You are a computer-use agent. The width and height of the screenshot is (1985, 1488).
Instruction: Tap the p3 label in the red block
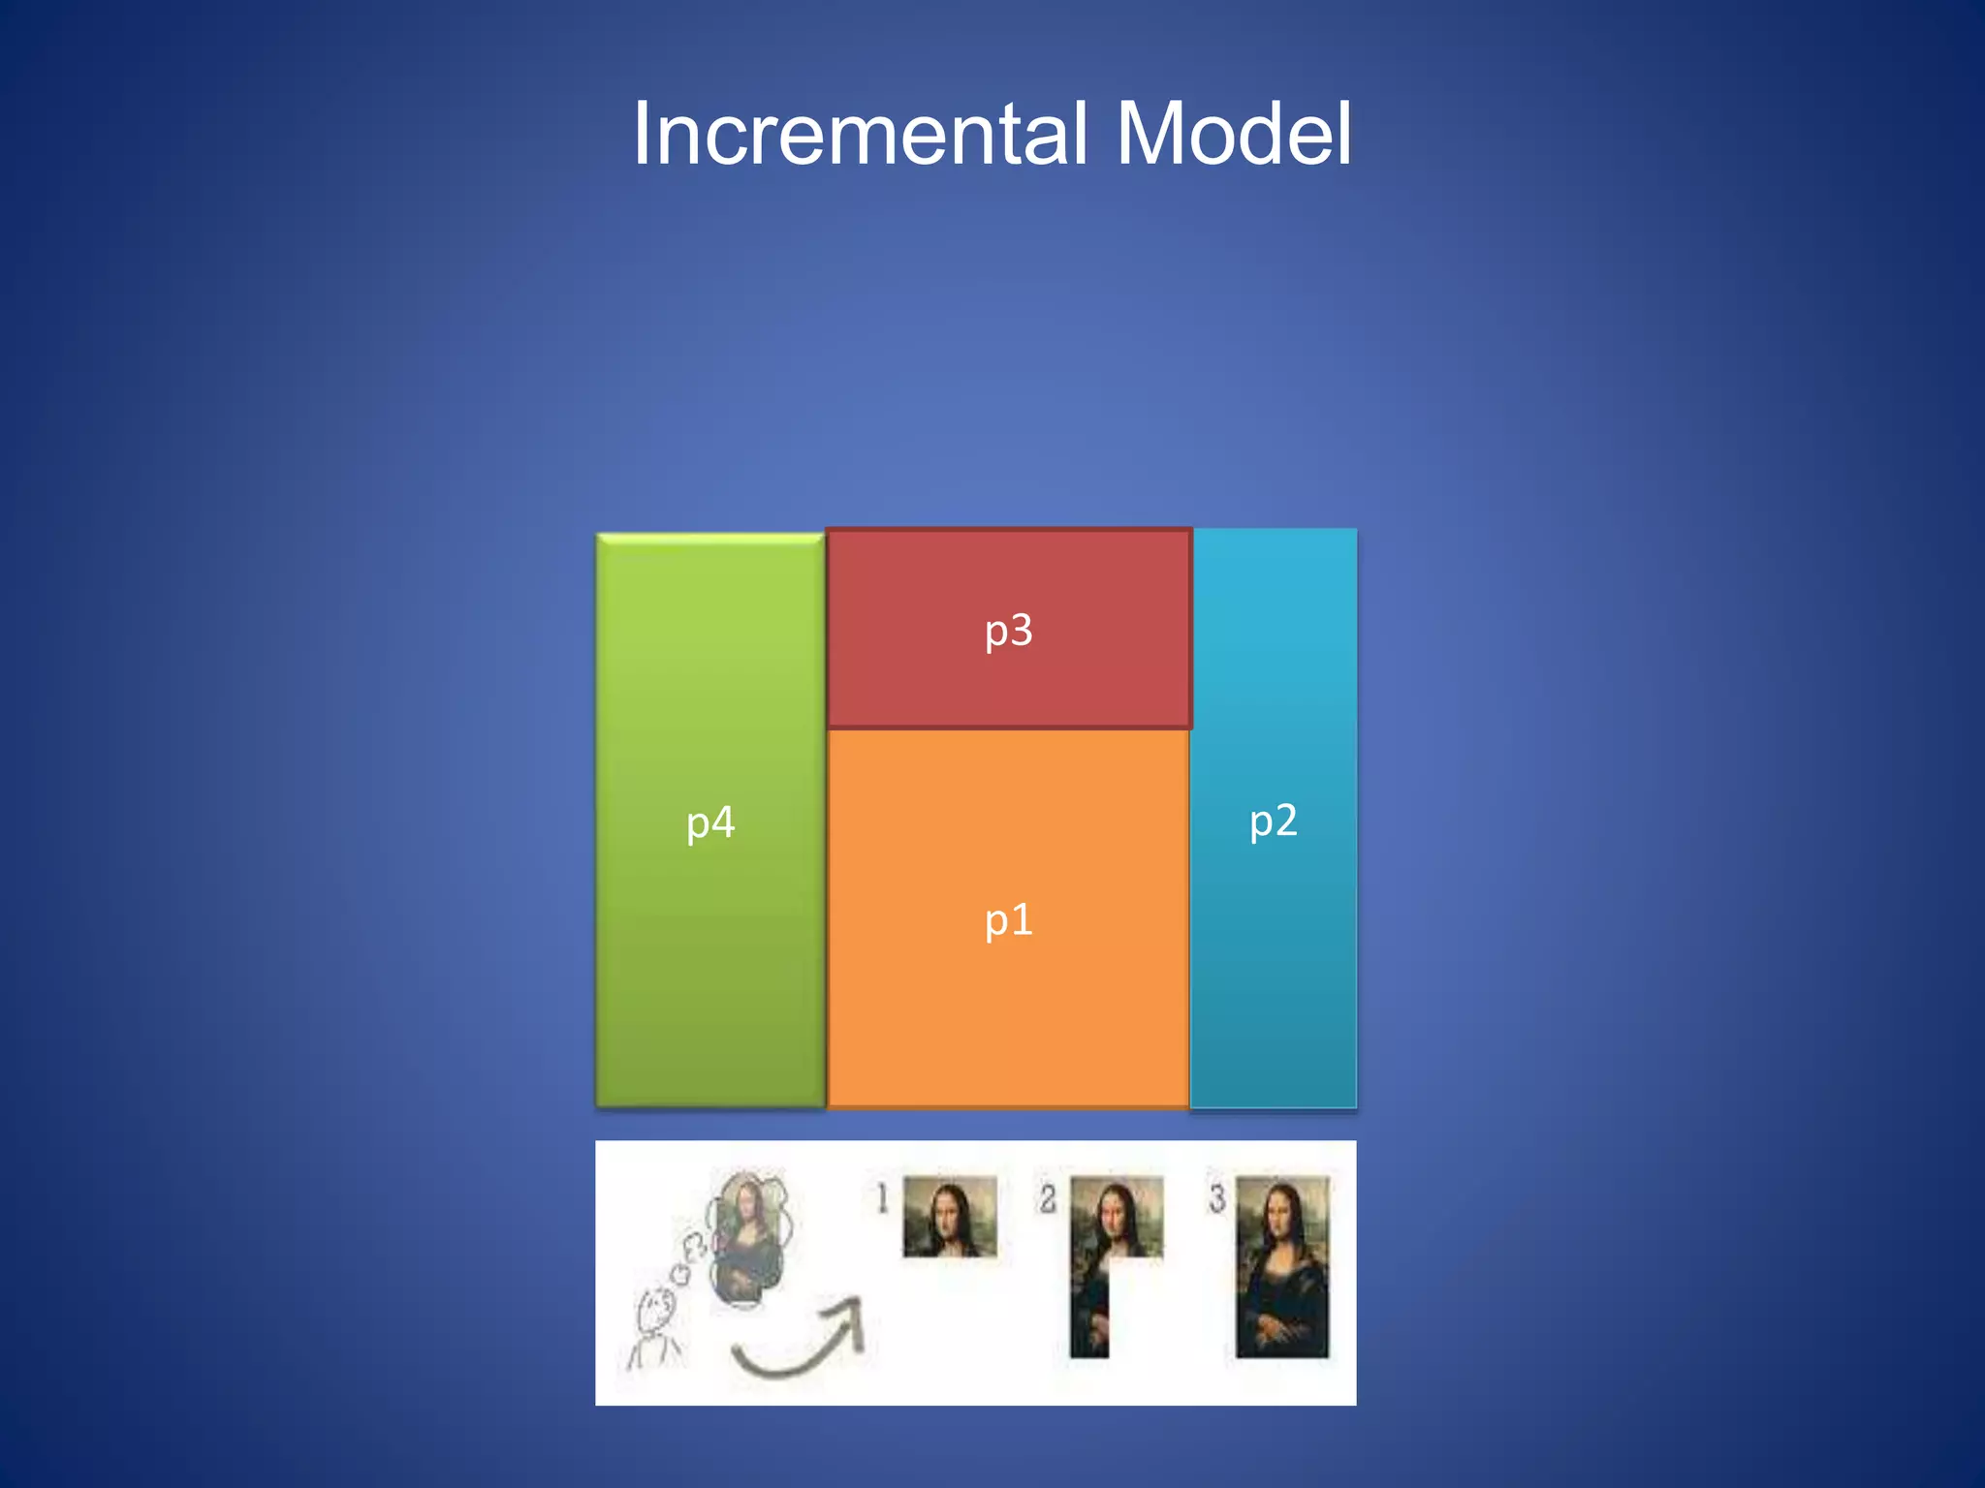coord(1008,631)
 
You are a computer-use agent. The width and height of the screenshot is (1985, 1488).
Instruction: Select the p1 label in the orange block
coord(1008,919)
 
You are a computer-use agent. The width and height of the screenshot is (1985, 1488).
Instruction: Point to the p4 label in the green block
coord(710,823)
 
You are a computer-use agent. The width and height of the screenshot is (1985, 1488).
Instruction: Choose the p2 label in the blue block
coord(1273,821)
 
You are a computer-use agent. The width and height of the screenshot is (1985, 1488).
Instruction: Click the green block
coord(710,969)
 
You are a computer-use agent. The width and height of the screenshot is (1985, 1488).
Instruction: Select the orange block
coord(1008,1017)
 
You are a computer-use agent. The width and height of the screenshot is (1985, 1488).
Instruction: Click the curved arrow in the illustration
coord(800,1342)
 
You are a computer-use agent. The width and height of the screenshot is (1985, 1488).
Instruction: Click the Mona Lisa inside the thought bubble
coord(746,1240)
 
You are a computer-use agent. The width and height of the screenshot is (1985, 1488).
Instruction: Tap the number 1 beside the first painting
coord(882,1198)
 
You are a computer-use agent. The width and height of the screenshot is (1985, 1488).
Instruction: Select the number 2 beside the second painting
coord(1047,1198)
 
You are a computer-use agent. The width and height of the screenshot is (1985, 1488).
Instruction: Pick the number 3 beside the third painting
coord(1216,1198)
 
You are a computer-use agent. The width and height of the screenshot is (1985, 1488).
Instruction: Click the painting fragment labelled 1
coord(950,1217)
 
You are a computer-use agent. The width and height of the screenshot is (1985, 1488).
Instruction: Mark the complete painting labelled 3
coord(1282,1266)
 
